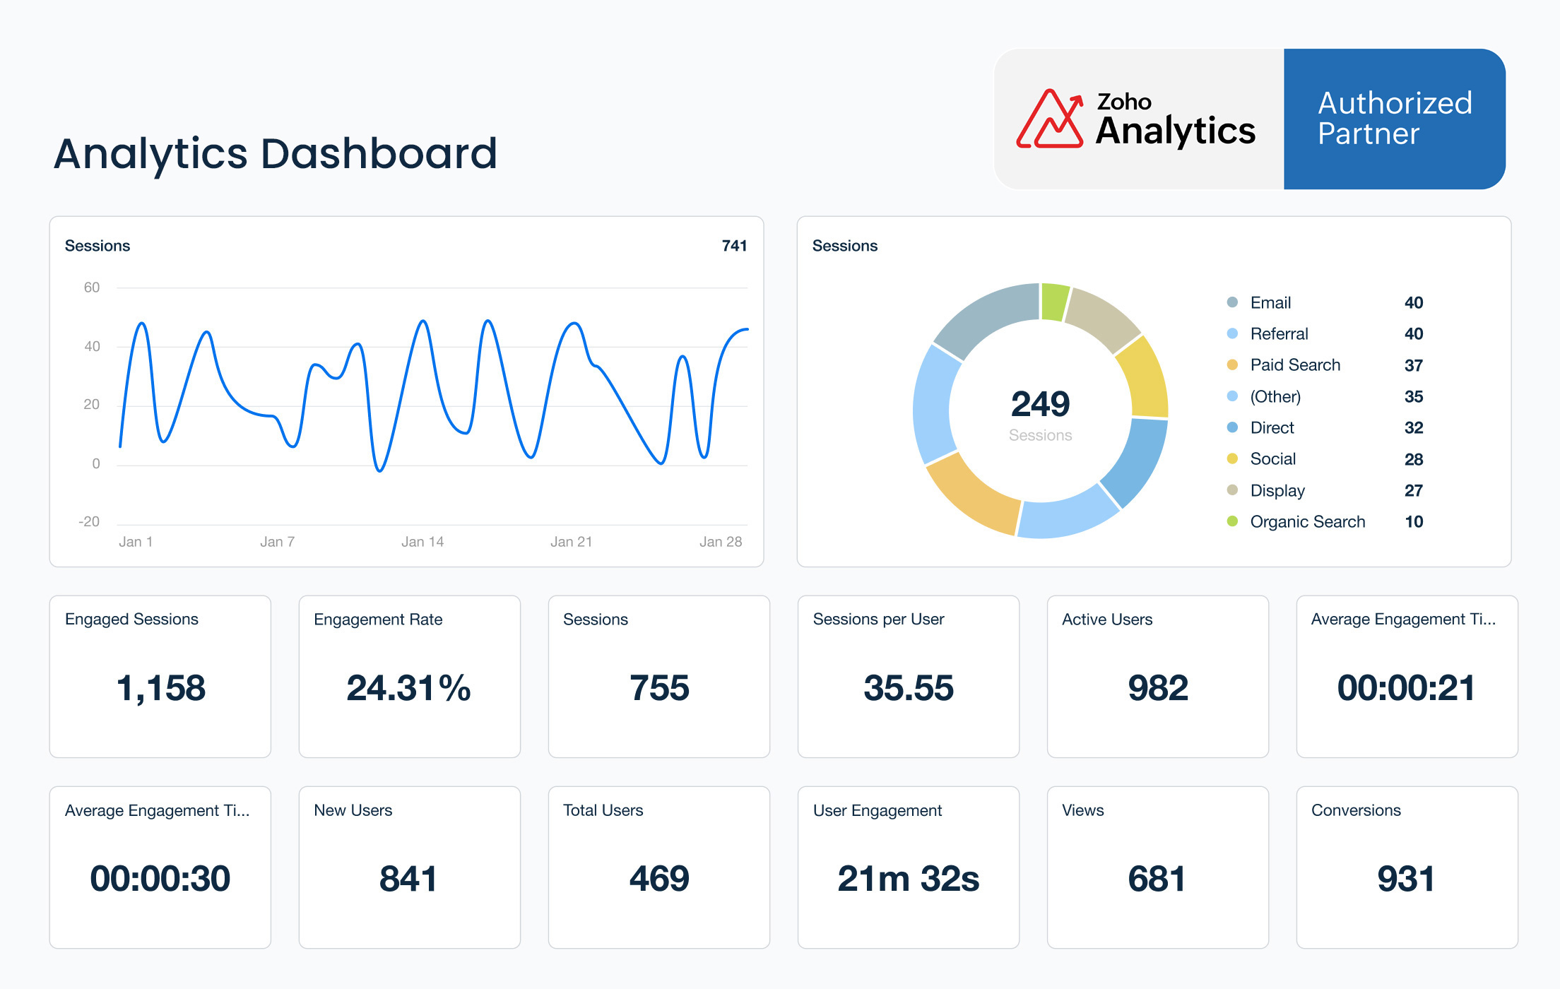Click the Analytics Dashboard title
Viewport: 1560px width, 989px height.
[x=276, y=154]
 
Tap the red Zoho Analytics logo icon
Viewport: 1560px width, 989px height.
[x=1049, y=119]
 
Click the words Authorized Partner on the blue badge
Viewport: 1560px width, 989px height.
[x=1394, y=119]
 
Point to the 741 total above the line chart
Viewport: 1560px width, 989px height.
[x=734, y=246]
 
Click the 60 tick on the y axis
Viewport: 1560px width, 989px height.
[x=92, y=288]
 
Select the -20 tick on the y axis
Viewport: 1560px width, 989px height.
[x=89, y=522]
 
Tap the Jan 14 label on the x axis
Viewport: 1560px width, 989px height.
[x=422, y=542]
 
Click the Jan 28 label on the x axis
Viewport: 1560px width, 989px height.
[x=720, y=542]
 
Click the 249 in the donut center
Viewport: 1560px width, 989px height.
[x=1040, y=404]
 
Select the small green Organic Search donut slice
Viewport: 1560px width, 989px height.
[x=1054, y=302]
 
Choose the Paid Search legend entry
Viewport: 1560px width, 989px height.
[x=1294, y=365]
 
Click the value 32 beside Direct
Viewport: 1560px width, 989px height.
[x=1413, y=428]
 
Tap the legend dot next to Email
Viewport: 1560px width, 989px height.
[x=1232, y=302]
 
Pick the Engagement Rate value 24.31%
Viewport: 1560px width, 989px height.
[x=408, y=688]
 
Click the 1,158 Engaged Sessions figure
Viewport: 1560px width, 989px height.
[x=160, y=688]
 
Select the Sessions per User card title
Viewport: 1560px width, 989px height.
[x=878, y=620]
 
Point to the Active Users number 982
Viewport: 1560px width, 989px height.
[x=1157, y=688]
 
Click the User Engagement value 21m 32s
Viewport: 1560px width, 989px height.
[x=908, y=879]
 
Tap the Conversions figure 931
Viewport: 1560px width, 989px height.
[x=1406, y=879]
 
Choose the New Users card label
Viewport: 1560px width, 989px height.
[x=353, y=810]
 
